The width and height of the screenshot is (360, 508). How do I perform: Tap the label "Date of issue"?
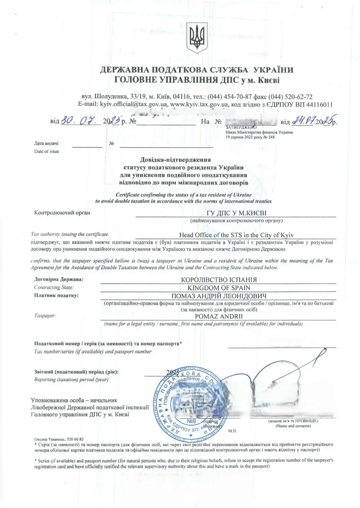click(x=46, y=151)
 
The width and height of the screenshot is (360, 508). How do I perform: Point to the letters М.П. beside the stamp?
click(x=233, y=430)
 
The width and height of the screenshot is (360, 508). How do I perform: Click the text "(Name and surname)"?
click(x=293, y=426)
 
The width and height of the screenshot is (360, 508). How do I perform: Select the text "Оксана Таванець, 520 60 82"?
click(x=56, y=439)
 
